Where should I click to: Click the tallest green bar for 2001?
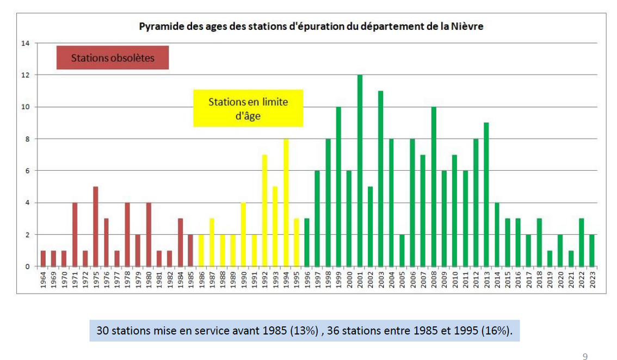coord(360,171)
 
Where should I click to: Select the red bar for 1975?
coord(96,227)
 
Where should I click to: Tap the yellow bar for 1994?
coord(286,203)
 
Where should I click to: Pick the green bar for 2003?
coord(381,179)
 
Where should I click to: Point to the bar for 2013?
coord(486,195)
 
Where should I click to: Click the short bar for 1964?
coord(43,259)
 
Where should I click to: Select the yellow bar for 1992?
coord(264,211)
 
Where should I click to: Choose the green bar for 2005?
coord(402,251)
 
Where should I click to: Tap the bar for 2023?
coord(592,251)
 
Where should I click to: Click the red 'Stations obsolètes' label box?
coord(113,58)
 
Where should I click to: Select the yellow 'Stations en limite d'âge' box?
coord(248,108)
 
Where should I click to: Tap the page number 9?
coord(585,357)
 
